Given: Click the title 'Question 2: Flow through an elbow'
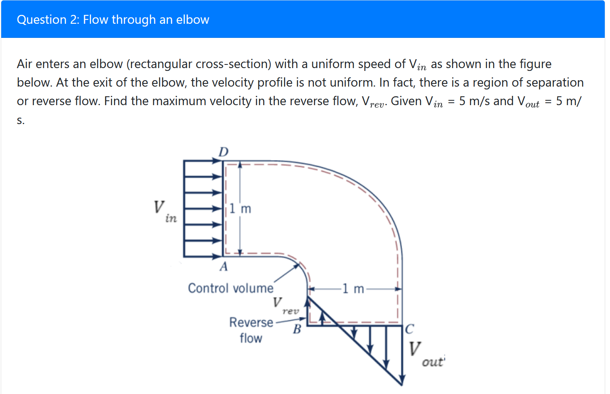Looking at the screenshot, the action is (113, 20).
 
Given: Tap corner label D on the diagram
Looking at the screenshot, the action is (223, 152).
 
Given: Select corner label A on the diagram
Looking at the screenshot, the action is (224, 266).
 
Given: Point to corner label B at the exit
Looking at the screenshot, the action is (297, 329).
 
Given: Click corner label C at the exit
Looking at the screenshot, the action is (409, 329).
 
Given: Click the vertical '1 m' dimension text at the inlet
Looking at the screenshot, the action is (241, 209).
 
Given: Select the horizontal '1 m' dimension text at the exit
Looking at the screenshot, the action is (353, 289).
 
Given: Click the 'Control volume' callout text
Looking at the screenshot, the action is (230, 288).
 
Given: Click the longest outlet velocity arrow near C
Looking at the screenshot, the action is (402, 355).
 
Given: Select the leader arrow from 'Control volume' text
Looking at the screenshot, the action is (287, 273).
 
